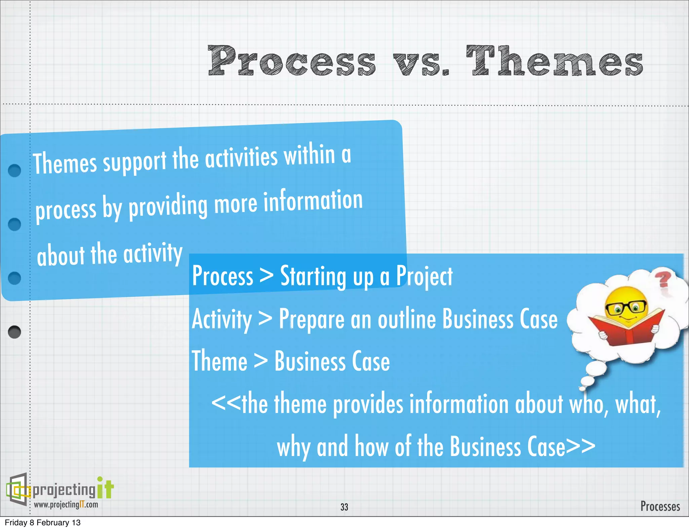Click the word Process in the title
point(291,61)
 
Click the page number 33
point(344,507)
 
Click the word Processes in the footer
point(660,506)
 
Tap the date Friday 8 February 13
point(43,523)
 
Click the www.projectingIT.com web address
point(66,504)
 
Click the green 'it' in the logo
point(105,488)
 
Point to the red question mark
point(662,280)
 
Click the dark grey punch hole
point(14,332)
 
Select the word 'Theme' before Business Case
point(219,361)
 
